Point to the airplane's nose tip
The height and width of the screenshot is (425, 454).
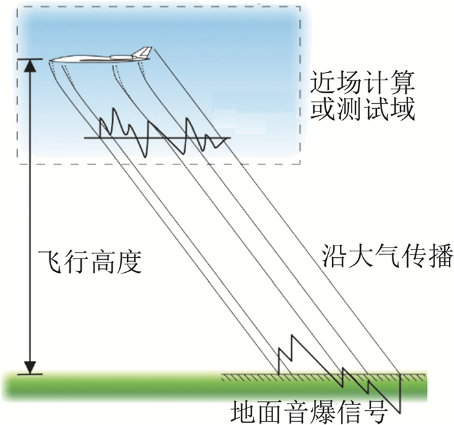click(51, 62)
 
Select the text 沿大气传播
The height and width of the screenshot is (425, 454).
click(377, 256)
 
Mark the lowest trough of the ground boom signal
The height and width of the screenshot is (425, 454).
click(400, 410)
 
